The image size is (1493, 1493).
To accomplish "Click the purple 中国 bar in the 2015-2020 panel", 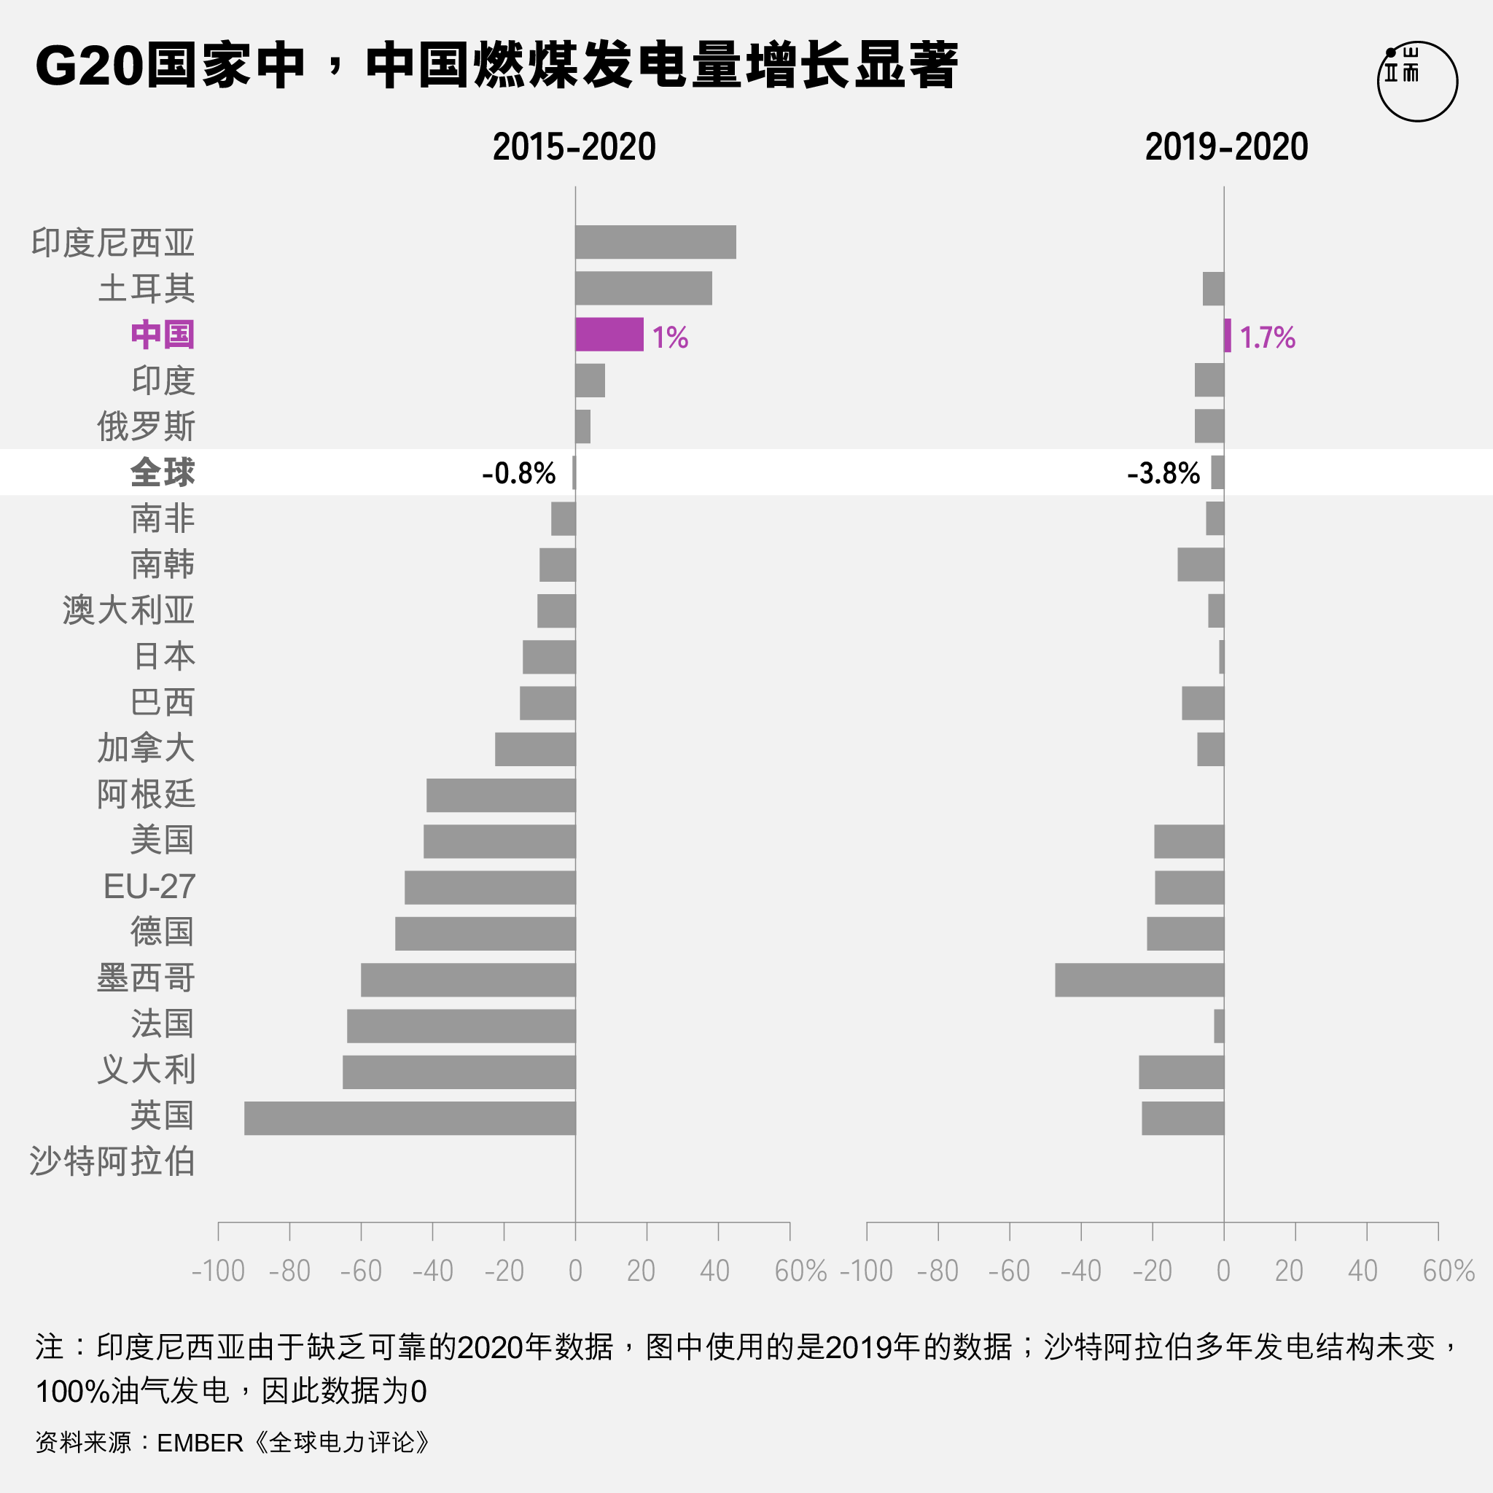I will (609, 335).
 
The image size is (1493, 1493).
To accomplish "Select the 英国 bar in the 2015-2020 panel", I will (410, 1118).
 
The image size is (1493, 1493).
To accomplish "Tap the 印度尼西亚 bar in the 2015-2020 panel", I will (655, 243).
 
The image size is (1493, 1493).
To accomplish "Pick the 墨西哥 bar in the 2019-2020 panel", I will (1139, 980).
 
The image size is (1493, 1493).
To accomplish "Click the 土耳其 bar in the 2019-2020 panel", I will (1213, 289).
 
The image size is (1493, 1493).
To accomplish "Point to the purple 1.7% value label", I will (1267, 338).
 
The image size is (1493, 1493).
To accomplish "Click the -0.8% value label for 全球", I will (518, 473).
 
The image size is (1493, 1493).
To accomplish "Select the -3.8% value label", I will (1163, 473).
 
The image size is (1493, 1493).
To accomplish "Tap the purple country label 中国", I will (163, 335).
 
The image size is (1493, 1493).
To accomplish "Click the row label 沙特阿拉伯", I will (113, 1161).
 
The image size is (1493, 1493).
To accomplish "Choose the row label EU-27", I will (149, 886).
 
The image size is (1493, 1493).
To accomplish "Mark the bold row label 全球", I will (163, 472).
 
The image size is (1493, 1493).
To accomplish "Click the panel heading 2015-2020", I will (574, 147).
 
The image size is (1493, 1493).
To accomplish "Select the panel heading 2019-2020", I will (1226, 147).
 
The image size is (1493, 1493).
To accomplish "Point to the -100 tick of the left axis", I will (218, 1271).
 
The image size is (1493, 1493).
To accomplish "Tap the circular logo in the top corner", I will (1417, 81).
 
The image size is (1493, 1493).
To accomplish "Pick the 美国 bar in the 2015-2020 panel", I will (499, 841).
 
